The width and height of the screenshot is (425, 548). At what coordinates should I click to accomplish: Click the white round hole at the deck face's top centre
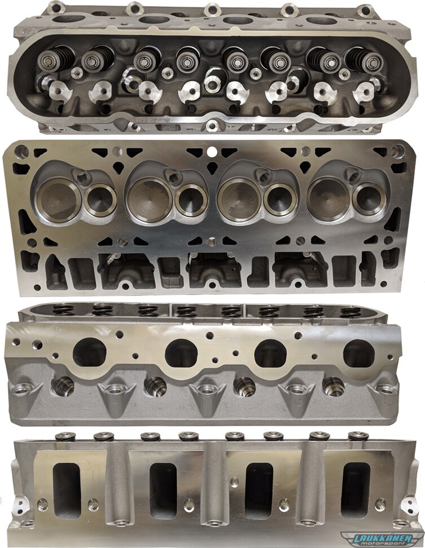(211, 152)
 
